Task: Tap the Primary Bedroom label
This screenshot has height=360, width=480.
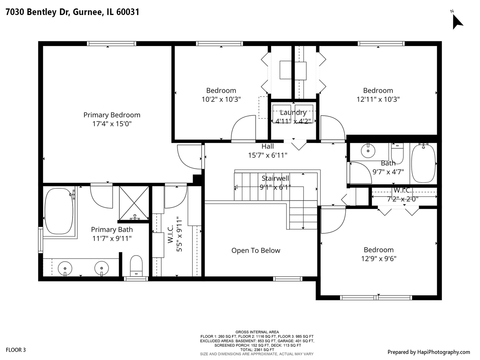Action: pos(112,115)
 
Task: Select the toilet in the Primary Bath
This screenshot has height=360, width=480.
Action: pos(136,266)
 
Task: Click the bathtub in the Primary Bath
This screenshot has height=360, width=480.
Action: pos(59,211)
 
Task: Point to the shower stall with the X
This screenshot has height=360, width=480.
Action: pos(134,203)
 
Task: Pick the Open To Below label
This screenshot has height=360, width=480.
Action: pos(256,250)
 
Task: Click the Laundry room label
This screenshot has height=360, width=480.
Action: pos(293,113)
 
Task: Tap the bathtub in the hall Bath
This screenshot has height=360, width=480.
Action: pos(423,163)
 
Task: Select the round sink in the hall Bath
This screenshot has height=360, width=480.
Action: pos(368,151)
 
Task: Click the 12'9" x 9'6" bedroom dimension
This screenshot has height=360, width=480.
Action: pos(379,259)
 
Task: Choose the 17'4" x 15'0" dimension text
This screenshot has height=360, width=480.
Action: pos(112,124)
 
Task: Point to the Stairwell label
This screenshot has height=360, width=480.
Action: pos(275,178)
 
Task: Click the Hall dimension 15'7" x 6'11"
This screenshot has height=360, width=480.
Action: pos(267,155)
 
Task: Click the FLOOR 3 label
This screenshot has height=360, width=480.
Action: pos(16,350)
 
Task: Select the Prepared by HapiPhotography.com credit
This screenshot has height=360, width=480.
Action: pos(429,352)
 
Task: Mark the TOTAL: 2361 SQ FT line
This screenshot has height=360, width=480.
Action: pos(257,350)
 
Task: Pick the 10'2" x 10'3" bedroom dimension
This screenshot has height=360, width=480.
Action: pos(221,99)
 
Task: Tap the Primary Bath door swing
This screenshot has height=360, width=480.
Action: pos(102,197)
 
